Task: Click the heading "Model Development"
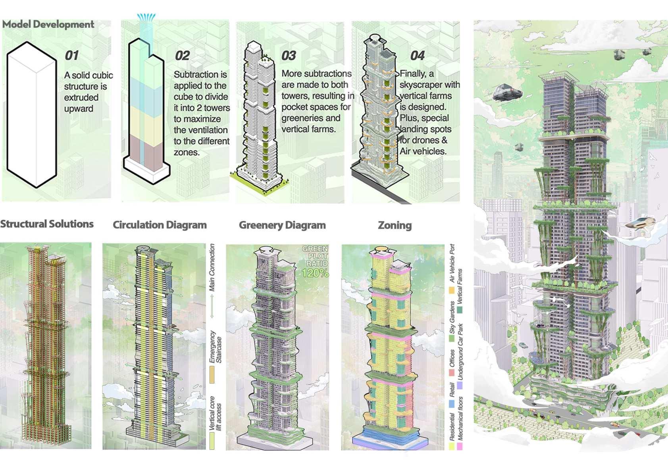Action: coord(48,24)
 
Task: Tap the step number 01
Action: coord(72,55)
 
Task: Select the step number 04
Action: coord(417,56)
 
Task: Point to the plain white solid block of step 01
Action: coord(32,115)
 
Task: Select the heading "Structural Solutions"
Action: coord(47,224)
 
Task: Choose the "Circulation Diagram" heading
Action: coord(160,225)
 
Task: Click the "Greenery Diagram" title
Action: coord(282,225)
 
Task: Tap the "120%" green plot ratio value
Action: coord(315,273)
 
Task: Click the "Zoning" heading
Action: coord(395,225)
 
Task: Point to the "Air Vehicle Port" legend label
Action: coord(452,263)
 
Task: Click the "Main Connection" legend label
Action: coord(212,268)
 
